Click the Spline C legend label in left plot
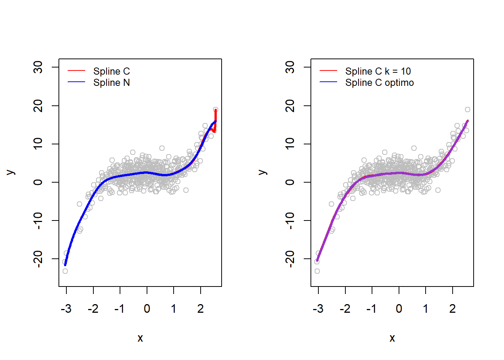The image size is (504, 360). [111, 71]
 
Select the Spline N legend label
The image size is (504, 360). [111, 82]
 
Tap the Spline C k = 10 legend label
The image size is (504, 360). [378, 71]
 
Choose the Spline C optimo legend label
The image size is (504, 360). [379, 82]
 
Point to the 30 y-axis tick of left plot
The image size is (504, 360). [38, 67]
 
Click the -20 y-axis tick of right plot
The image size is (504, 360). [290, 259]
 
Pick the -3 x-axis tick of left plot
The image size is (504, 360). [66, 309]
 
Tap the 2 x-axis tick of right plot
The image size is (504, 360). [453, 309]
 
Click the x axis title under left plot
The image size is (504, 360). [140, 338]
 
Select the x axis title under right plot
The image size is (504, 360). [392, 338]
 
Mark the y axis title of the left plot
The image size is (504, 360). [11, 172]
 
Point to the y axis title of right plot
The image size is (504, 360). [263, 172]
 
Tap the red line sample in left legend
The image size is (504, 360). [76, 70]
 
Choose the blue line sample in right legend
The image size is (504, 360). [328, 82]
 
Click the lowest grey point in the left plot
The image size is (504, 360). [65, 271]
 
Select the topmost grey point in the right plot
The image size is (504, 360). [468, 109]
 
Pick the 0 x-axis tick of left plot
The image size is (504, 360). [147, 309]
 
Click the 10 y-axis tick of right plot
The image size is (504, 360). [290, 144]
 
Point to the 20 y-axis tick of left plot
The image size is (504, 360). [38, 106]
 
